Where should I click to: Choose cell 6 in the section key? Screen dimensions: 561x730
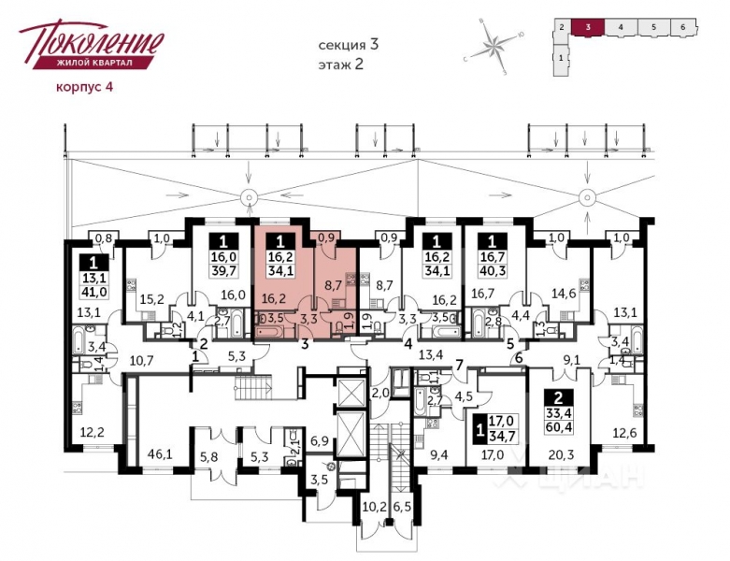(683, 27)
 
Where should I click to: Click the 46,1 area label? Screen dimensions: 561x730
(160, 454)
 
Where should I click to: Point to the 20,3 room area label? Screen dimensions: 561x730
(562, 455)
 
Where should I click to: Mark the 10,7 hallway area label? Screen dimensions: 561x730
(141, 360)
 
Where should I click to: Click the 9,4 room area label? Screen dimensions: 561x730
(437, 455)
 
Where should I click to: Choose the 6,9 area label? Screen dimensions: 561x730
(319, 439)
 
